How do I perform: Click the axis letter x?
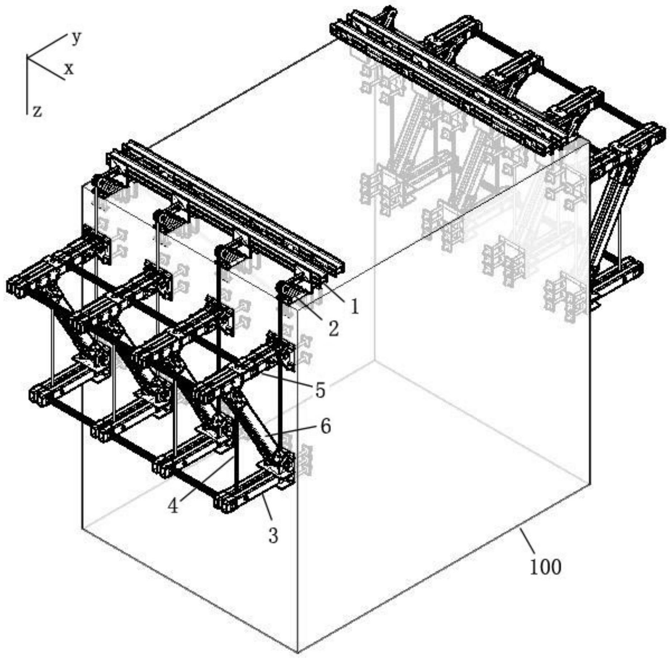point(69,69)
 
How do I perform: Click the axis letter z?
point(37,112)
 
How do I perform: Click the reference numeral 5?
point(320,390)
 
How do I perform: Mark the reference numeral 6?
point(325,427)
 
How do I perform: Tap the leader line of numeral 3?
point(267,507)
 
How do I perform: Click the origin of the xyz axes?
point(28,57)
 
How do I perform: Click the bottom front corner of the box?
point(298,652)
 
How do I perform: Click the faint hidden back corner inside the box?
point(375,360)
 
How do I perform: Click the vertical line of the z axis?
point(28,86)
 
